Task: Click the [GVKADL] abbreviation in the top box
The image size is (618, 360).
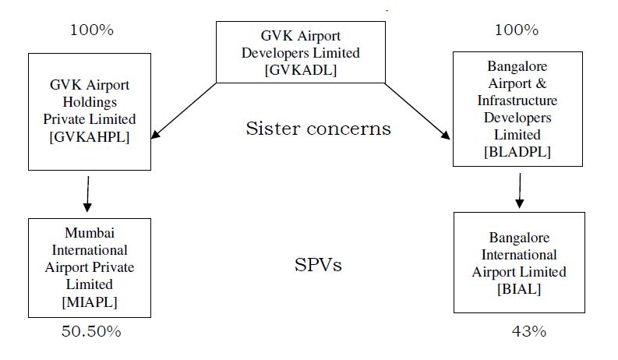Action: pyautogui.click(x=300, y=69)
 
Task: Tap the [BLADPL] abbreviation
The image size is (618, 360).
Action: pyautogui.click(x=517, y=153)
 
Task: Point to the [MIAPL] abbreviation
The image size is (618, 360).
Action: pyautogui.click(x=90, y=300)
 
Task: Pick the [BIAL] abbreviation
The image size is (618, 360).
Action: pyautogui.click(x=519, y=288)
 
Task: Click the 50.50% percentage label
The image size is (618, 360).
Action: pyautogui.click(x=91, y=331)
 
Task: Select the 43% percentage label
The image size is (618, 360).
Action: pyautogui.click(x=528, y=331)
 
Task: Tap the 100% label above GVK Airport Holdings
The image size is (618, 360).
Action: pyautogui.click(x=91, y=30)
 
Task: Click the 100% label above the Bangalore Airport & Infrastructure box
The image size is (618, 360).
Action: pyautogui.click(x=516, y=30)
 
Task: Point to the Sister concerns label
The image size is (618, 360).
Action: pyautogui.click(x=318, y=128)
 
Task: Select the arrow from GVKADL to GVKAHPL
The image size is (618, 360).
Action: pyautogui.click(x=184, y=111)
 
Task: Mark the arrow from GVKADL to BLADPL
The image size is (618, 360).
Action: pyautogui.click(x=418, y=111)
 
